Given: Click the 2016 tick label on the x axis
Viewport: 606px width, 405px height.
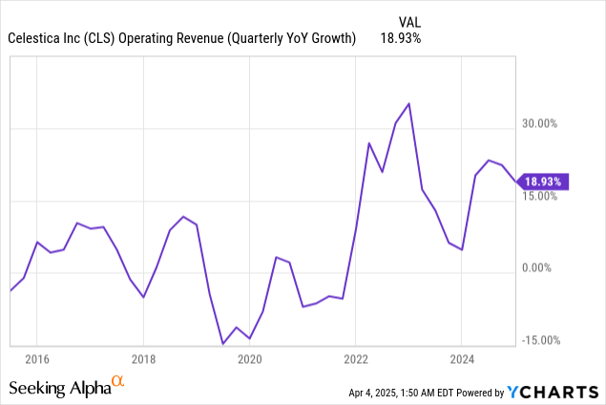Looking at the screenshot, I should pyautogui.click(x=36, y=360).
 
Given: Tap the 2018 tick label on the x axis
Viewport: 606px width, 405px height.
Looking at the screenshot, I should pyautogui.click(x=143, y=360).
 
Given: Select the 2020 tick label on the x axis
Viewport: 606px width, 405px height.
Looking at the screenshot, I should pyautogui.click(x=249, y=360).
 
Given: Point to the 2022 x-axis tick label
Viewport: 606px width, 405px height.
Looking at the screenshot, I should pyautogui.click(x=355, y=360).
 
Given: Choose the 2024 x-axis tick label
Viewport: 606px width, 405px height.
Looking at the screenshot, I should pyautogui.click(x=461, y=360).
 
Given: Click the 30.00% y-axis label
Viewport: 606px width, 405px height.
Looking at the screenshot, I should pyautogui.click(x=537, y=124).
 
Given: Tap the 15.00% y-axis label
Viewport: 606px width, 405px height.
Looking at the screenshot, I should pyautogui.click(x=537, y=197).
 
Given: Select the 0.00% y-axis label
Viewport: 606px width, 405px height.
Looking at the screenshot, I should pyautogui.click(x=540, y=268).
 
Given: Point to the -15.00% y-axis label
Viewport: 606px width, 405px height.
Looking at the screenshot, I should pyautogui.click(x=535, y=341).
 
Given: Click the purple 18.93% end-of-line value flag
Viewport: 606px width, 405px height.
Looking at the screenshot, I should pyautogui.click(x=543, y=181).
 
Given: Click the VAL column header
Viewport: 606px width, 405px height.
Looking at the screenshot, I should pyautogui.click(x=408, y=20).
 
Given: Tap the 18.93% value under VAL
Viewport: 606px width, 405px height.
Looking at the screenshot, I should pyautogui.click(x=400, y=38).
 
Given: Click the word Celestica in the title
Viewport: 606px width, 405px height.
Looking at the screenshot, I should pyautogui.click(x=37, y=38).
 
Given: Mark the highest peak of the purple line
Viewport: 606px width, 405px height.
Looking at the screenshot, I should pyautogui.click(x=408, y=103).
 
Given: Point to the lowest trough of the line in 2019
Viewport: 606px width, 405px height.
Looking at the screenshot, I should pyautogui.click(x=222, y=344).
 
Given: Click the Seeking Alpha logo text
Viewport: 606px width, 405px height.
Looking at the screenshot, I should pyautogui.click(x=59, y=388).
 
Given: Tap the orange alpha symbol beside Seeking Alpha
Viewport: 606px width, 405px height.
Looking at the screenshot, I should pyautogui.click(x=118, y=382).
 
